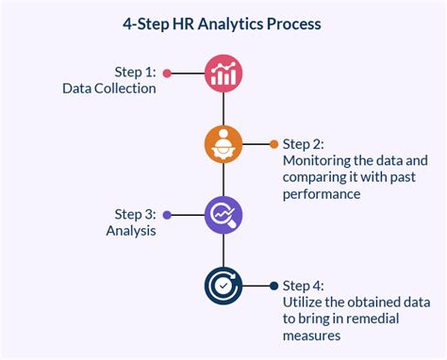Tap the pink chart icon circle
[x=223, y=74]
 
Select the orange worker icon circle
[x=223, y=144]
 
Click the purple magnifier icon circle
[x=223, y=215]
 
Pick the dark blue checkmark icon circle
[x=223, y=286]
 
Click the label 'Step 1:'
[x=135, y=73]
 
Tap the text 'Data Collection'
[x=109, y=89]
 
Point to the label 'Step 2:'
[x=304, y=144]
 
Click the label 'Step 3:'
[x=135, y=214]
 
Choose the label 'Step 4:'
[x=304, y=286]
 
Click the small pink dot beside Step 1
[x=167, y=74]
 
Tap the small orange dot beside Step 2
[x=274, y=144]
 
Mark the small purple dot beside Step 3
[x=167, y=215]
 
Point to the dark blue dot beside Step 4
[x=274, y=286]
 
